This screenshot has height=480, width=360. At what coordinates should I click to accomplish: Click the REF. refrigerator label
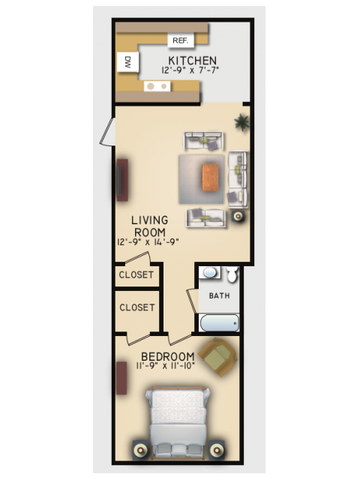point(180,40)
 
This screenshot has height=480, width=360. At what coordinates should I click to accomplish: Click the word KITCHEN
point(193,61)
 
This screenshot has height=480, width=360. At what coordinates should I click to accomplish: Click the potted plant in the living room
point(241,121)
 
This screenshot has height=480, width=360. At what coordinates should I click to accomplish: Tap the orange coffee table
point(211,178)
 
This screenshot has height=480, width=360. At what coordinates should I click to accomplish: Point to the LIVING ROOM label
point(149,226)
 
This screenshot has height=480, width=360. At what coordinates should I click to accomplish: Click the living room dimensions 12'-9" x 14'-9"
point(148,241)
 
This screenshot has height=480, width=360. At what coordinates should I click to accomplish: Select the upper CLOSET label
point(136,275)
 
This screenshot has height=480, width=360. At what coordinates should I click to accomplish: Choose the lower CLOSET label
point(136,307)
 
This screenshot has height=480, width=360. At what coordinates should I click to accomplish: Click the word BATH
point(219,295)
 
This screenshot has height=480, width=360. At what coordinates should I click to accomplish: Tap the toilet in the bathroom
point(232,274)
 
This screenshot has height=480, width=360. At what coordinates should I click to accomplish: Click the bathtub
point(219,323)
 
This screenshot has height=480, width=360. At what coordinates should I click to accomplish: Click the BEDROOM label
point(168,356)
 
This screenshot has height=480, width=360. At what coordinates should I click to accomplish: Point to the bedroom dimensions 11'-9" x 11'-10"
point(165,366)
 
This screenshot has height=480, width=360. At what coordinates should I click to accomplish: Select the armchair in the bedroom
point(217,357)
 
